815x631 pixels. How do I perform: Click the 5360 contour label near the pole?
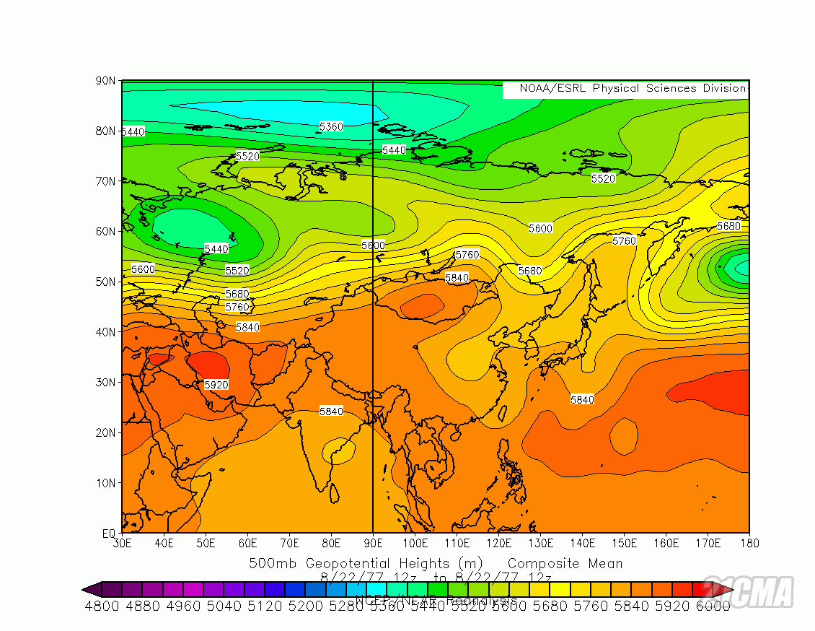click(x=331, y=126)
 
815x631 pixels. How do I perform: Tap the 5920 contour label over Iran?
click(x=216, y=385)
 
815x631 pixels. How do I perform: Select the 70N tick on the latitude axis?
click(x=106, y=181)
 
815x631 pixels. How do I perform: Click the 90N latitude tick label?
click(x=106, y=81)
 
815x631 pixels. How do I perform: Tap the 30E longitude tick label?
click(x=122, y=543)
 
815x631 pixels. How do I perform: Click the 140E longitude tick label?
click(x=582, y=543)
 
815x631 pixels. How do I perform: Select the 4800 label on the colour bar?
click(x=102, y=606)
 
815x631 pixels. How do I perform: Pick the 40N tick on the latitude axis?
click(x=106, y=332)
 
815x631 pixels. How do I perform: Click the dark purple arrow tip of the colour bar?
click(x=87, y=589)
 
